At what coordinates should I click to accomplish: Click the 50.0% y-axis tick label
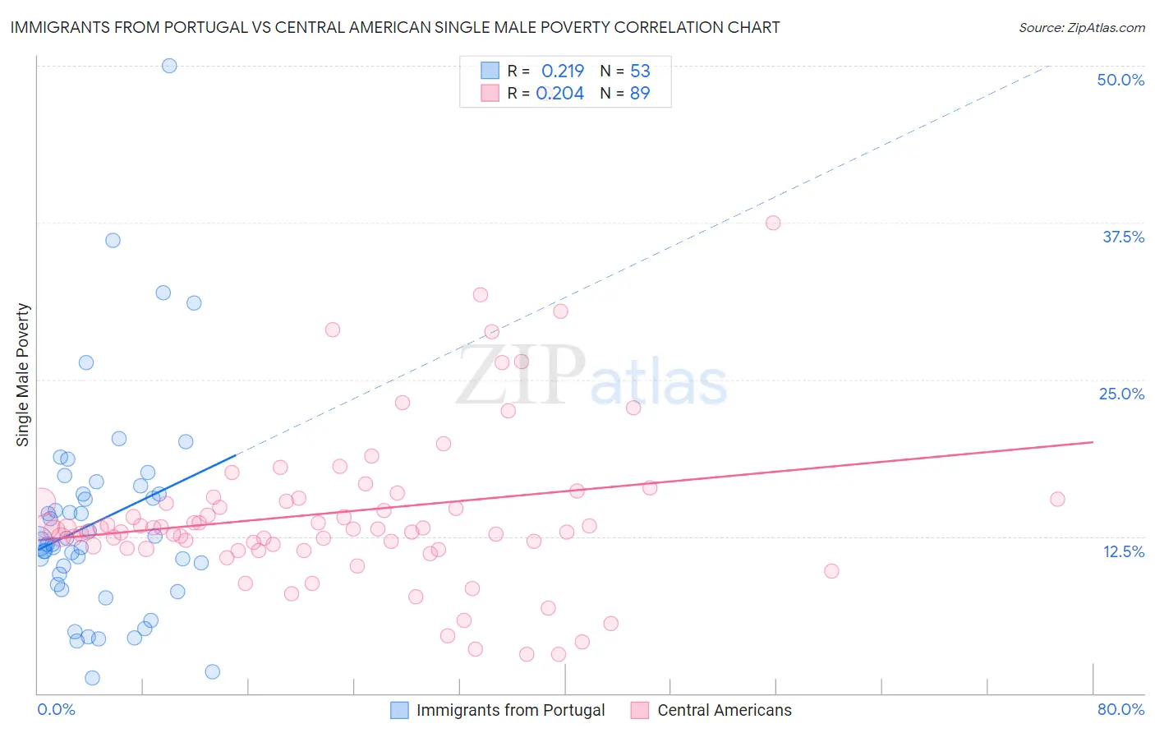point(1120,80)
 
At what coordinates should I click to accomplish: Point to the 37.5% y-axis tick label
point(1123,237)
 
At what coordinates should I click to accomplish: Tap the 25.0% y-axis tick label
point(1121,394)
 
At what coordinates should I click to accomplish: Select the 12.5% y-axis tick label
point(1123,551)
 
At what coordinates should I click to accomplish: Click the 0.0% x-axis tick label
point(56,709)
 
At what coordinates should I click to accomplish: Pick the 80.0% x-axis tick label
point(1120,709)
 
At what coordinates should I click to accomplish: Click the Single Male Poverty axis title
point(23,375)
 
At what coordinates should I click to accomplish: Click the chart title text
point(395,27)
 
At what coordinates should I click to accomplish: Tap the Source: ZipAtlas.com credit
point(1081,27)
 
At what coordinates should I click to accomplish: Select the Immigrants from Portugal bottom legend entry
point(510,710)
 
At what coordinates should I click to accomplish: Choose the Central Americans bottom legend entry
point(725,710)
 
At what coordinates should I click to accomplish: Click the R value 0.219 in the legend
point(563,71)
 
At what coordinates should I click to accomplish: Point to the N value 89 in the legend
point(640,93)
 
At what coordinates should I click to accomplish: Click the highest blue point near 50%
point(169,66)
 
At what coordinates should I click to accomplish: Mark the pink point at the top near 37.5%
point(773,223)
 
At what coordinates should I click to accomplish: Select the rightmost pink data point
point(1057,499)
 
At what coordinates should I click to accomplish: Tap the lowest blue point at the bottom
point(92,678)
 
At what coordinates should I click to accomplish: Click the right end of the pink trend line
point(1093,442)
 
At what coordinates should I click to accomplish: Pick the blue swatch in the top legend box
point(490,71)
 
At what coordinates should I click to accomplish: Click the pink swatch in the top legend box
point(490,93)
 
